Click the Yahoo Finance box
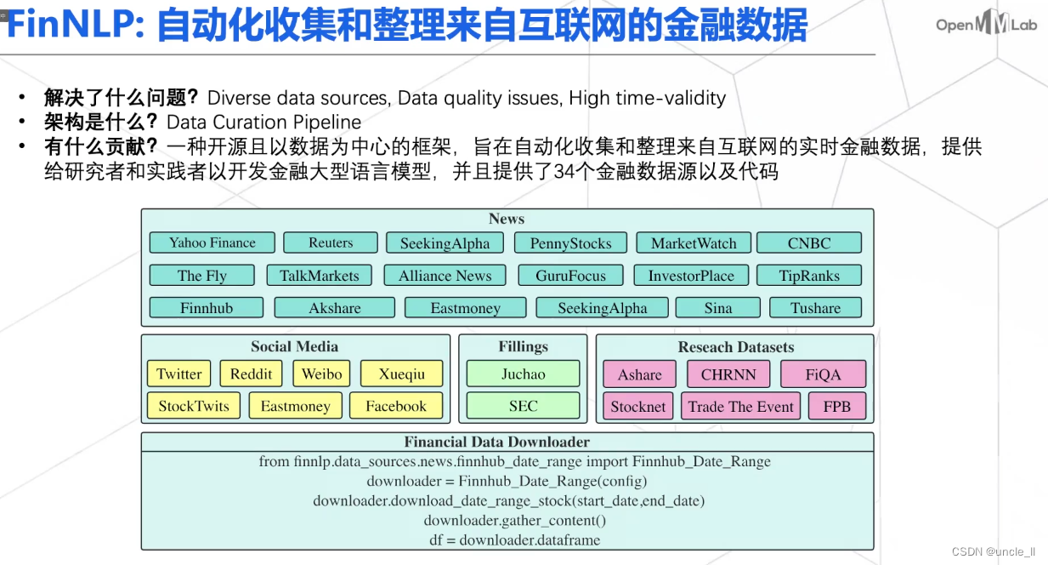click(x=212, y=243)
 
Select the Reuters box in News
click(x=331, y=243)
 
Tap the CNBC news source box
click(x=808, y=243)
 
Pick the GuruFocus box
click(x=570, y=276)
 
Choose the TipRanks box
click(x=808, y=276)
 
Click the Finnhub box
click(x=206, y=308)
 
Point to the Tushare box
click(x=815, y=308)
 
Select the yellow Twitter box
click(x=179, y=374)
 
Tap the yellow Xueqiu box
click(x=402, y=374)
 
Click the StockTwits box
click(x=194, y=406)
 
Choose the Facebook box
click(x=396, y=406)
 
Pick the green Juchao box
click(x=523, y=374)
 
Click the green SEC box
click(x=523, y=406)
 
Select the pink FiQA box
click(x=823, y=374)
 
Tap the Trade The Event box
click(x=741, y=407)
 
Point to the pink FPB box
click(x=836, y=407)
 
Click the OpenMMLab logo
click(x=986, y=25)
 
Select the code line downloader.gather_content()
click(x=515, y=520)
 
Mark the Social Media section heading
click(x=294, y=346)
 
